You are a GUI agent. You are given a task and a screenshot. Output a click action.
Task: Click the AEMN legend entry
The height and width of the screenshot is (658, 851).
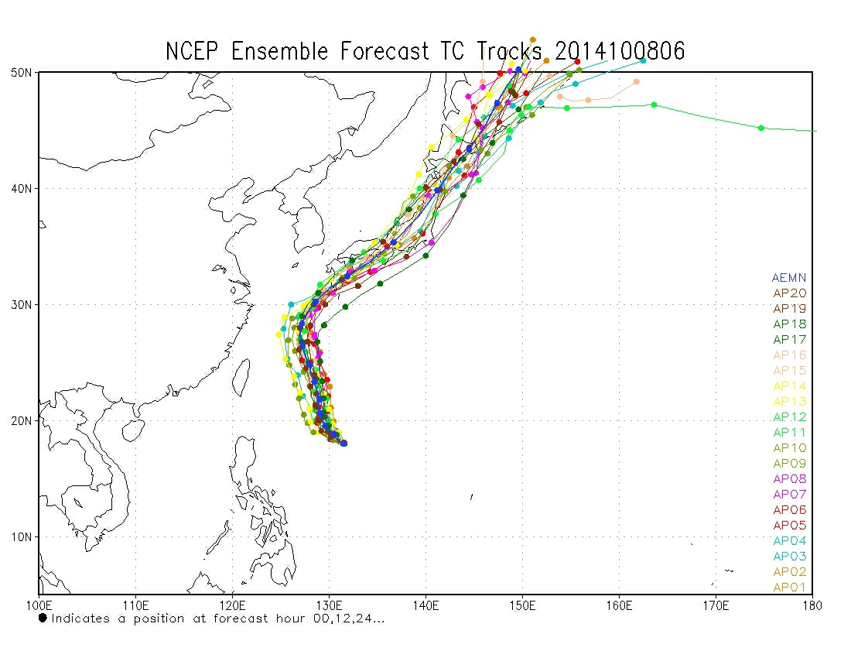click(x=789, y=278)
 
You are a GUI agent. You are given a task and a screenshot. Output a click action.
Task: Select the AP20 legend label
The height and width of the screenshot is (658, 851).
click(x=789, y=293)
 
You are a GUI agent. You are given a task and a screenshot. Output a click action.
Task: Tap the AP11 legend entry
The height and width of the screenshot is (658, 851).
click(x=789, y=433)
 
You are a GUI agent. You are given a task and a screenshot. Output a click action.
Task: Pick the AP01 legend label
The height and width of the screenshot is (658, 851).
click(x=789, y=588)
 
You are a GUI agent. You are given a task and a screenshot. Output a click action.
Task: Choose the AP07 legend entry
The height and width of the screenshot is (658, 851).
click(x=789, y=495)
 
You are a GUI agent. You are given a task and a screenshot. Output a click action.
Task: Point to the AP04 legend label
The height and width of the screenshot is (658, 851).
click(x=789, y=541)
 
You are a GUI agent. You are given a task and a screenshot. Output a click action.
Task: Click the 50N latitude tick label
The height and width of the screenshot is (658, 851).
click(x=22, y=73)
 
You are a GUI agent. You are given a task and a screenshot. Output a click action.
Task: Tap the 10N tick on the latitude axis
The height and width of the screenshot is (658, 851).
click(x=22, y=537)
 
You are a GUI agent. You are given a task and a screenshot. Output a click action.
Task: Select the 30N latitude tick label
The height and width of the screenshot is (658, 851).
click(x=22, y=305)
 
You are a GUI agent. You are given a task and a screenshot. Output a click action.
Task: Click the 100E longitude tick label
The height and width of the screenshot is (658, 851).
click(x=39, y=604)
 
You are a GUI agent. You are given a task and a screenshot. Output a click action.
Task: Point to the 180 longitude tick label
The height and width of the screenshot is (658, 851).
click(x=812, y=604)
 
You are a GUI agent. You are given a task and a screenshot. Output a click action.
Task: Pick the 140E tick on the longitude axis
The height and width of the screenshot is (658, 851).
click(x=425, y=604)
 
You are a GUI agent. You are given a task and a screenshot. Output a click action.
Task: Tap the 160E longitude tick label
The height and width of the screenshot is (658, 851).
click(x=619, y=604)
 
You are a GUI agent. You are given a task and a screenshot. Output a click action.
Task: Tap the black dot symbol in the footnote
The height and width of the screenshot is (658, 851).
click(x=43, y=618)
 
